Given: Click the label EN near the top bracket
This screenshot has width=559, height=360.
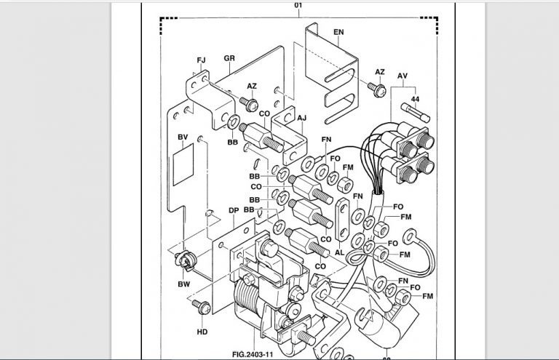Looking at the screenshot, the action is coord(338,32).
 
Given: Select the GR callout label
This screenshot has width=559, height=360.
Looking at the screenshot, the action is coord(229,58).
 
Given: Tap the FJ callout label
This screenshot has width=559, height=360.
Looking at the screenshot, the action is coord(201,60).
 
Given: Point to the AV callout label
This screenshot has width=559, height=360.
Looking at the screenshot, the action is coord(403,76).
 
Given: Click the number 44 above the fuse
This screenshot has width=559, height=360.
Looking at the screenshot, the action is coord(415,99).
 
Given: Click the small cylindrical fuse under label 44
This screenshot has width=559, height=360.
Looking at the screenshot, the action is coord(416,112).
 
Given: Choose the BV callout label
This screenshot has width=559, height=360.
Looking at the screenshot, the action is coord(183,137).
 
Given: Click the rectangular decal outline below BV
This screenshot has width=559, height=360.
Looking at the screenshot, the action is coord(183,164).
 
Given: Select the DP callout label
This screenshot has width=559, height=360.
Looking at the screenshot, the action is coord(234,210).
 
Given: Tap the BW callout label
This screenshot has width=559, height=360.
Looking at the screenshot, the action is coord(184,284).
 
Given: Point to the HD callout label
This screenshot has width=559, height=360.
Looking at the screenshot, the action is coord(202,332).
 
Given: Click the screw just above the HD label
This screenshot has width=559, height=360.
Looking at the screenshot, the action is coord(202,307).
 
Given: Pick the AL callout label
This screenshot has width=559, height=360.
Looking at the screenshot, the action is coord(339,252).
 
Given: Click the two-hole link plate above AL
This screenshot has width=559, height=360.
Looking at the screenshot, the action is coord(343,220).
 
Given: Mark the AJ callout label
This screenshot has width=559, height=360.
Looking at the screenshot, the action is coord(301,118).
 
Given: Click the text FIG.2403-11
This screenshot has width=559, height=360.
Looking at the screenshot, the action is coord(253,354).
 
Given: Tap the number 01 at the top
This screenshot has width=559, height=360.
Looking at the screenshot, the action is coord(298,5).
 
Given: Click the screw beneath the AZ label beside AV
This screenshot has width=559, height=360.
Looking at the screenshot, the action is coord(377,89).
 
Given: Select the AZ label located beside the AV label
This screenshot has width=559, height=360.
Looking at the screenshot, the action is coord(380,72).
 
